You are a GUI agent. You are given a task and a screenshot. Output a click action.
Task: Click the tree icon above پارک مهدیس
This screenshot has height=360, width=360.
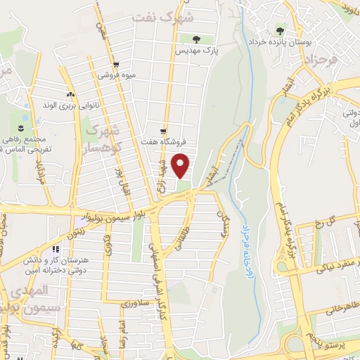tap(188, 39)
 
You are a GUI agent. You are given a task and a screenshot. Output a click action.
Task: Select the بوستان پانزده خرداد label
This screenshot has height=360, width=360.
tap(281, 42)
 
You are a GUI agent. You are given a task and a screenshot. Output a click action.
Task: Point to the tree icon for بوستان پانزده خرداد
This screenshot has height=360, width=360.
tap(281, 30)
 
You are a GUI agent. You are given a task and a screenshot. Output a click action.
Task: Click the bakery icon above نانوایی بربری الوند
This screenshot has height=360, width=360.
tap(70, 94)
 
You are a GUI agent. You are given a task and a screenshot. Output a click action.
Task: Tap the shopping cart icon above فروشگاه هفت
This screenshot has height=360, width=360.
tap(164, 131)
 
